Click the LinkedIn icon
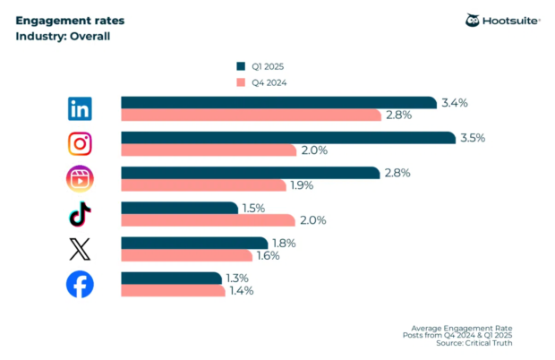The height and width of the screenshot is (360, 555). coord(81,109)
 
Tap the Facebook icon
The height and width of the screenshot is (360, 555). coord(81,285)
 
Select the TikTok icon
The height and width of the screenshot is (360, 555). coord(81,214)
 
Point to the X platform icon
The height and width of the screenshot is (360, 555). coord(81,250)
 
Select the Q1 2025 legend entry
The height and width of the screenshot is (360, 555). coord(264,65)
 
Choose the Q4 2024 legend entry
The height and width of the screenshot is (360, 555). coord(264,82)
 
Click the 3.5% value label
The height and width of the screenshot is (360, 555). coord(473,138)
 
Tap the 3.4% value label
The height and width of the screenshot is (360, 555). coord(452,103)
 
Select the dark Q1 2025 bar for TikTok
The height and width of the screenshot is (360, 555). coord(179,208)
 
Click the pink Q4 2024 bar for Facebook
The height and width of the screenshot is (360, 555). coord(175,291)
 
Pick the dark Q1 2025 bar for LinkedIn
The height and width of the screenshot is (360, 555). coord(277,103)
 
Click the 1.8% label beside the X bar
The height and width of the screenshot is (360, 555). coord(283,243)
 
